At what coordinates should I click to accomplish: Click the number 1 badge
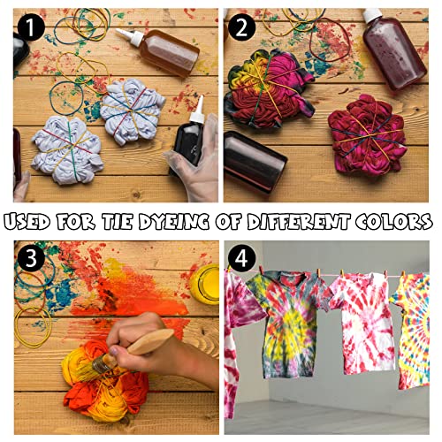(x=31, y=27)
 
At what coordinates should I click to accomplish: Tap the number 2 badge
(x=241, y=27)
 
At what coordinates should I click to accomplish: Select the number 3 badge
(x=31, y=258)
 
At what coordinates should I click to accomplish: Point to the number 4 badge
(x=241, y=258)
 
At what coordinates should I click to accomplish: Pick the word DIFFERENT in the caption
(x=299, y=222)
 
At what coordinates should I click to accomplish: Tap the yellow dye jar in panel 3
(x=204, y=284)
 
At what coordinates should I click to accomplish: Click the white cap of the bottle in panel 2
(x=372, y=14)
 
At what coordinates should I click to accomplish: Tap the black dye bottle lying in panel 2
(x=254, y=162)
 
